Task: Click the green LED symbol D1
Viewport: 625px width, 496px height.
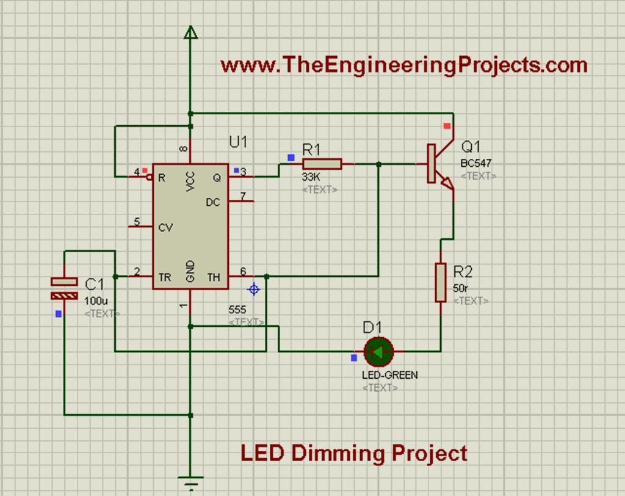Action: [x=378, y=351]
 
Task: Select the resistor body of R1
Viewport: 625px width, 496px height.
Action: [x=322, y=164]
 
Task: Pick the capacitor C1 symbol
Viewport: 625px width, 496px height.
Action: [x=64, y=288]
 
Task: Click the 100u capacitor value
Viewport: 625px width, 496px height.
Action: [x=95, y=301]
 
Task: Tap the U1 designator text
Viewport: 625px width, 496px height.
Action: [x=238, y=142]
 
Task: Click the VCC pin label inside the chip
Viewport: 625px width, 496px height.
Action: [x=190, y=181]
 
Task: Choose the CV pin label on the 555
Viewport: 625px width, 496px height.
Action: [x=165, y=227]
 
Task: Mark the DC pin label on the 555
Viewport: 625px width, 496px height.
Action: [x=214, y=202]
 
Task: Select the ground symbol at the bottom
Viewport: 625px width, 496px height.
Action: [x=191, y=483]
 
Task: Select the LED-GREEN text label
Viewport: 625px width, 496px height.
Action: [x=390, y=374]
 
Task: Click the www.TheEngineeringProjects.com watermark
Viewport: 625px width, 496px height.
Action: [x=403, y=65]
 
